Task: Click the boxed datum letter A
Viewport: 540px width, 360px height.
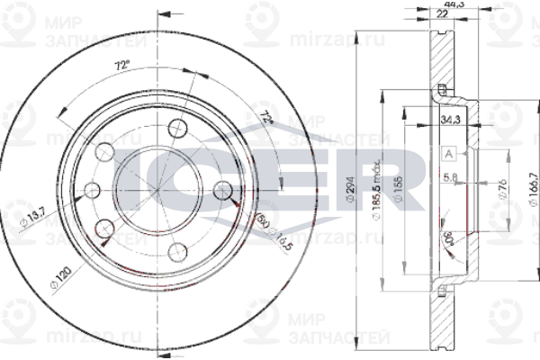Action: [x=447, y=154]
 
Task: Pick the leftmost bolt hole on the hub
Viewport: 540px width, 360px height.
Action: [x=92, y=191]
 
